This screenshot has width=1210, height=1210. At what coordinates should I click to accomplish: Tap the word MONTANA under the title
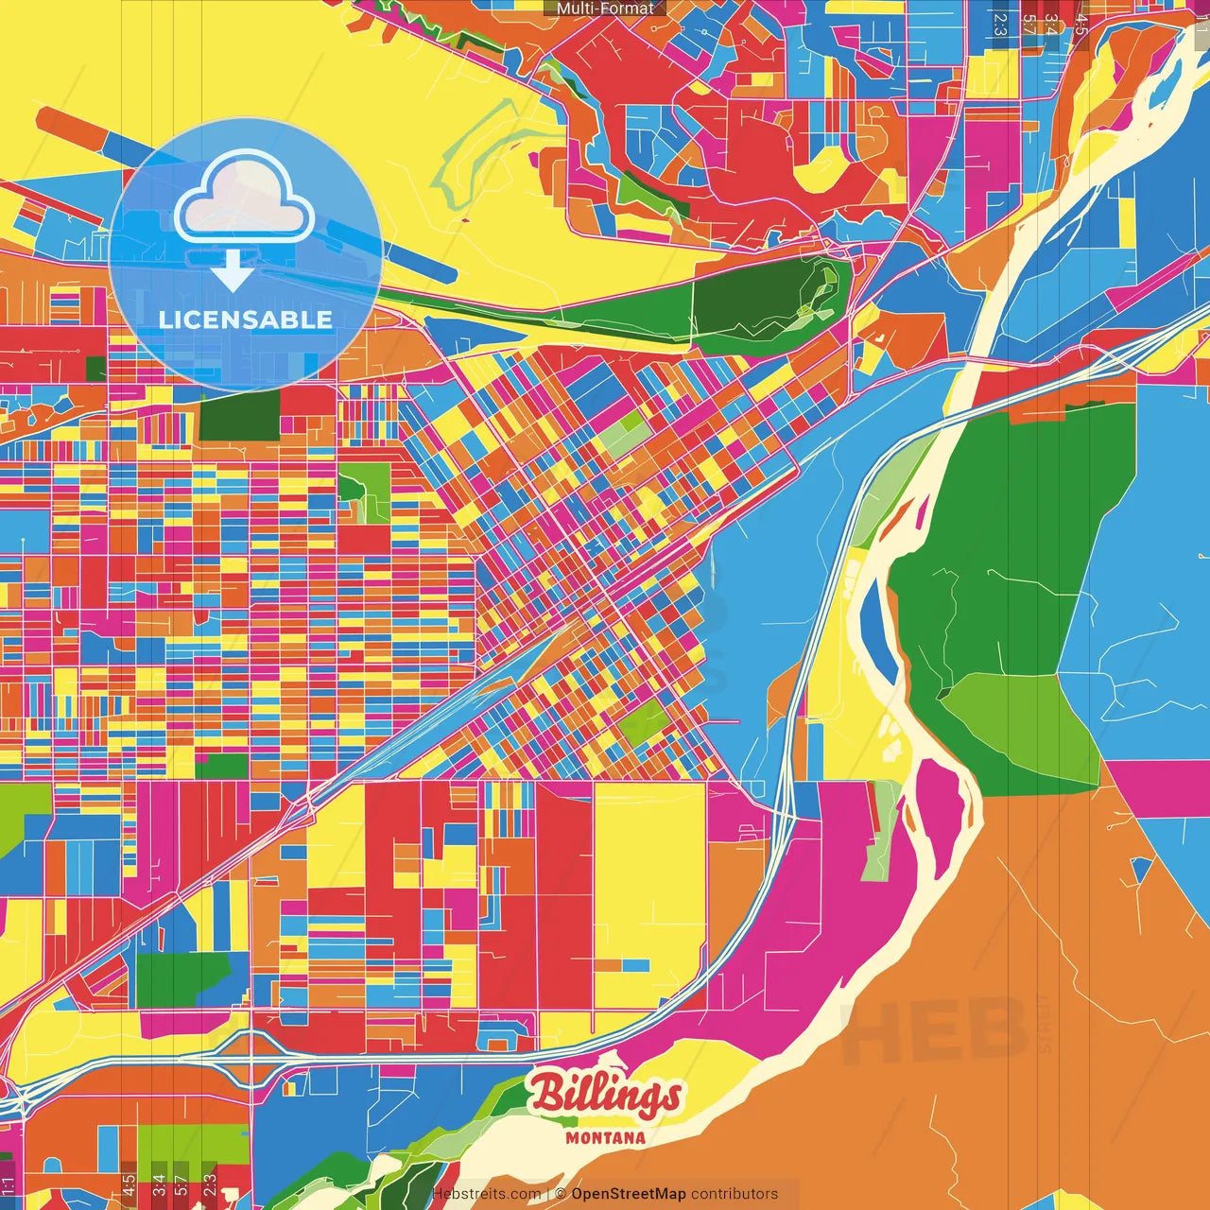pos(605,1138)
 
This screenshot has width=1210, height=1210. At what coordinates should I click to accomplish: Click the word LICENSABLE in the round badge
pos(245,320)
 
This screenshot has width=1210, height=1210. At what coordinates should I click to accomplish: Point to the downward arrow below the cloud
pos(232,272)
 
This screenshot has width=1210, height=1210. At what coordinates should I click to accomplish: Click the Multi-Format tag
pos(605,9)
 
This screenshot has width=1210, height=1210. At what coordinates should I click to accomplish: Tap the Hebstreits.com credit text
pos(486,1194)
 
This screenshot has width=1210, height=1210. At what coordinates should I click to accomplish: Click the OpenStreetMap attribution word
pos(629,1194)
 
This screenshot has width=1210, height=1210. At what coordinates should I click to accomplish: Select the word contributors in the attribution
pos(735,1194)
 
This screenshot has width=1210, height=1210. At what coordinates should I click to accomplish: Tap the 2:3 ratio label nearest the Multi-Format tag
pos(999,24)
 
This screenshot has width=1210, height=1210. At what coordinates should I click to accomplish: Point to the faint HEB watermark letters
pos(931,1030)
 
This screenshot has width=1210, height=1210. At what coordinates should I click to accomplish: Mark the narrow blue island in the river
pos(876,633)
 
